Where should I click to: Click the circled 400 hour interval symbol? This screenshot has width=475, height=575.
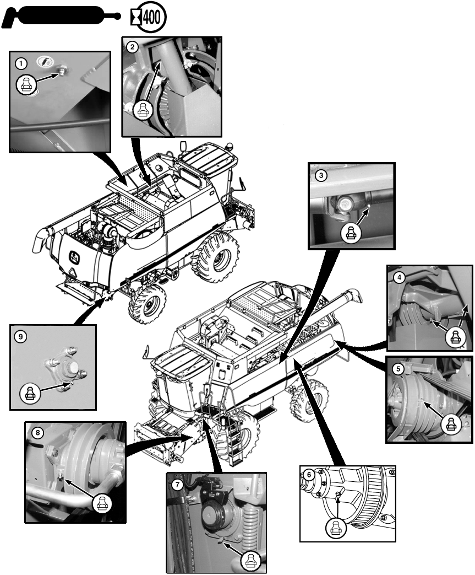point(149,17)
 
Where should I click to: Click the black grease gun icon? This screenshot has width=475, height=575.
point(61,16)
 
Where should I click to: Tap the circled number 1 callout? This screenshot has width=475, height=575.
point(21,64)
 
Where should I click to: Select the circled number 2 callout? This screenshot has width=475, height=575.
point(132,47)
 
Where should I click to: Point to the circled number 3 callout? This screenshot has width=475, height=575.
point(321,175)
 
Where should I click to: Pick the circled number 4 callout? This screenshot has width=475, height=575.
point(399,278)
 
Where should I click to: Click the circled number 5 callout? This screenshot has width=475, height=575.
point(398,369)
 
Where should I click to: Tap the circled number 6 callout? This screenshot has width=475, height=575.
point(309,475)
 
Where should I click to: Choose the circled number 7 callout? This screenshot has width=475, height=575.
point(177,485)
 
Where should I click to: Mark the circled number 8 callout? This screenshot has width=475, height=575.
point(37,433)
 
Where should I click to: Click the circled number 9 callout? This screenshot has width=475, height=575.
point(20,336)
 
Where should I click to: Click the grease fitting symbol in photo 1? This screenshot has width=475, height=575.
point(27,84)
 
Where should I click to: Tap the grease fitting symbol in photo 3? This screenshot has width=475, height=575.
point(351,232)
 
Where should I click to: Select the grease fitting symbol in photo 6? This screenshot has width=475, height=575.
point(335,528)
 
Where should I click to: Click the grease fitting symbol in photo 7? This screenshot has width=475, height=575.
point(251,560)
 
